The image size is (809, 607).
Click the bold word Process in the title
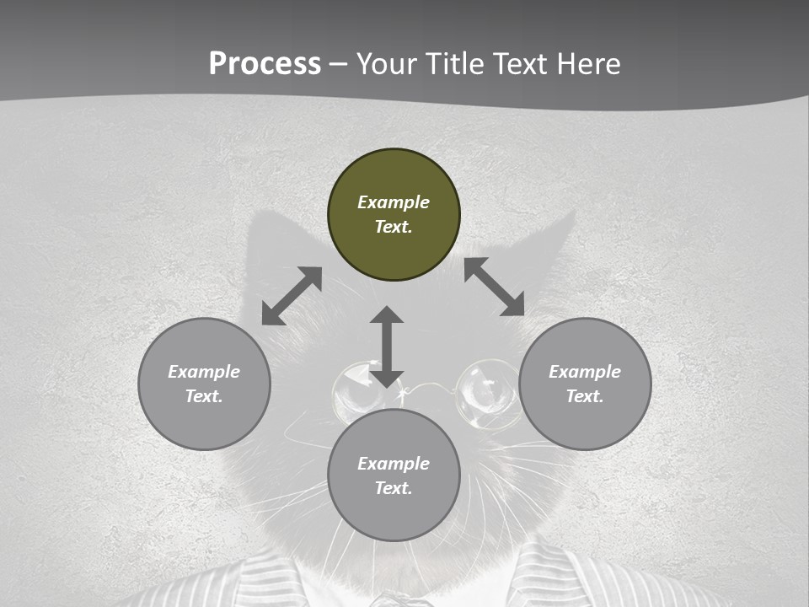[x=265, y=64]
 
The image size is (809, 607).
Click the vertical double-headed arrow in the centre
[x=387, y=346]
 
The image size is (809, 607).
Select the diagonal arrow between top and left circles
[x=292, y=296]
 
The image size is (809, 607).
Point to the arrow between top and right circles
[x=495, y=287]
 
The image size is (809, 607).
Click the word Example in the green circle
[x=394, y=202]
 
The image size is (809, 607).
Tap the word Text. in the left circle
[x=204, y=396]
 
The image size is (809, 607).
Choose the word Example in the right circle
[x=585, y=372]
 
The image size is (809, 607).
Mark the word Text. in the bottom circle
[x=394, y=488]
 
